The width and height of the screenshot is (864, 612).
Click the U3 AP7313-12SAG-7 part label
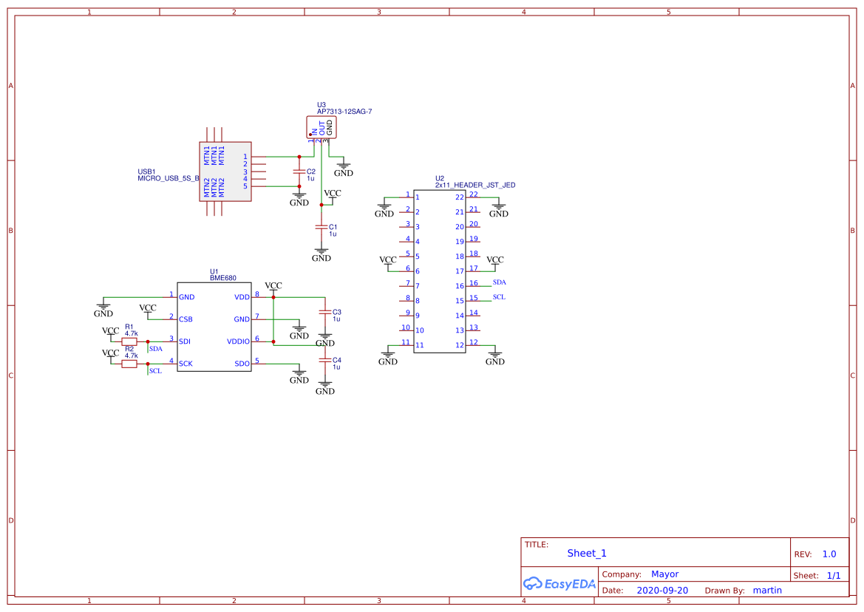click(x=344, y=112)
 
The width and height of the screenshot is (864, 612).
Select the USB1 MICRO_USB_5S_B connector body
click(x=225, y=171)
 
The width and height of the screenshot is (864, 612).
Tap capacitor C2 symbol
click(x=299, y=171)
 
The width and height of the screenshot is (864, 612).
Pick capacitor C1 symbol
click(x=321, y=227)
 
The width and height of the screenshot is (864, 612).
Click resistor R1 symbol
click(x=129, y=341)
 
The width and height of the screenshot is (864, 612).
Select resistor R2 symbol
click(x=129, y=364)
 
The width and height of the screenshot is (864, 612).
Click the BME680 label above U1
click(x=222, y=279)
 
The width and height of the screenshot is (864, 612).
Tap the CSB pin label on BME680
click(x=186, y=319)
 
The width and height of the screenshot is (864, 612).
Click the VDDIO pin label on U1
click(x=239, y=341)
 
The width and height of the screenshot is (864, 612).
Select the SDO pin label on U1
click(x=242, y=364)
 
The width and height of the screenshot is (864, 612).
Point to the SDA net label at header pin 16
click(x=499, y=282)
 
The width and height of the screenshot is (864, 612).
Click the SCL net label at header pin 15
click(x=499, y=297)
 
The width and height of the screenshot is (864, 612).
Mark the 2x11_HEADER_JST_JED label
click(x=475, y=186)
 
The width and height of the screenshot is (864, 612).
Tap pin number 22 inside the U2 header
click(x=460, y=197)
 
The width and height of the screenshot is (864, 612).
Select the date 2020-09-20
click(x=662, y=591)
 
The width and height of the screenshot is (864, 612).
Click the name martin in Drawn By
click(x=767, y=591)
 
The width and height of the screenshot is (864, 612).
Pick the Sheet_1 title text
click(x=587, y=553)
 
